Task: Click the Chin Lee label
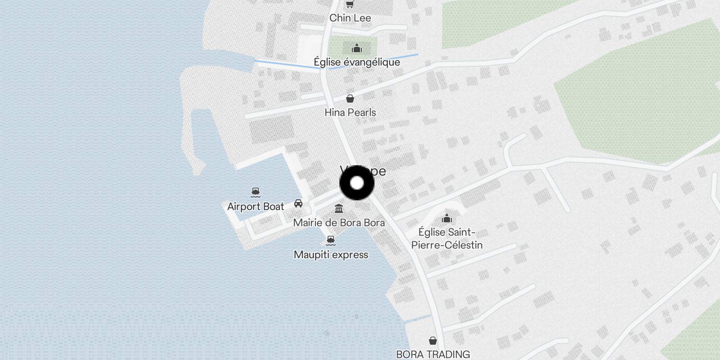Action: pyautogui.click(x=350, y=18)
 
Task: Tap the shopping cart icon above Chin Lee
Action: pyautogui.click(x=350, y=4)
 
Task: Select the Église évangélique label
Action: pyautogui.click(x=357, y=62)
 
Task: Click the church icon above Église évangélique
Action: pyautogui.click(x=357, y=48)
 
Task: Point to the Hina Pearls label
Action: pyautogui.click(x=350, y=112)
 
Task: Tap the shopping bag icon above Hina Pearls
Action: pyautogui.click(x=350, y=99)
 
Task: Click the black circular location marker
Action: pyautogui.click(x=357, y=183)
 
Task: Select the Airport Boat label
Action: pyautogui.click(x=256, y=207)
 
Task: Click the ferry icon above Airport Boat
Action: pyautogui.click(x=256, y=193)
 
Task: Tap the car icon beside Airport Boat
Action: pyautogui.click(x=298, y=203)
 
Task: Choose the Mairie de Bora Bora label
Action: pyautogui.click(x=339, y=223)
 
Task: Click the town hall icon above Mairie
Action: pyautogui.click(x=339, y=209)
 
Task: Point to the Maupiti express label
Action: pyautogui.click(x=331, y=255)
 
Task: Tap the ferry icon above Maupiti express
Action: pyautogui.click(x=331, y=240)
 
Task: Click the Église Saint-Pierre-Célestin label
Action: pyautogui.click(x=446, y=238)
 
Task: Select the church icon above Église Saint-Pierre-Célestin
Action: pyautogui.click(x=447, y=219)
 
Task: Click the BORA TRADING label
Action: pyautogui.click(x=433, y=354)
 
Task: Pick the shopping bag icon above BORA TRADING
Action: pyautogui.click(x=433, y=340)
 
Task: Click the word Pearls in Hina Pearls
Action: pyautogui.click(x=362, y=112)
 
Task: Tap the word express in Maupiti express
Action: pyautogui.click(x=350, y=255)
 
